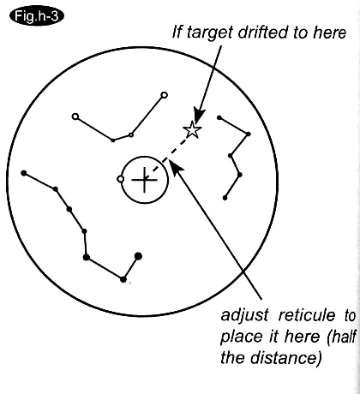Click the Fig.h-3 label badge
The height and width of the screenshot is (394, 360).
coord(37,16)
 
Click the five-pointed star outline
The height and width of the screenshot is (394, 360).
coord(192,129)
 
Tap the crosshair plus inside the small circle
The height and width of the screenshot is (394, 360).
coord(144,180)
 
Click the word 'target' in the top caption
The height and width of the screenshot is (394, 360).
coord(210,33)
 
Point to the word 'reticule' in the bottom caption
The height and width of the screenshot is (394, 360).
coord(307,315)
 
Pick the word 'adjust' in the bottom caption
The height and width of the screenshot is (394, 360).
coord(244,316)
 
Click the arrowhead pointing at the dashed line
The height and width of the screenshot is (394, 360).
coord(176,166)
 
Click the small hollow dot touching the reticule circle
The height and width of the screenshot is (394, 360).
coord(121,179)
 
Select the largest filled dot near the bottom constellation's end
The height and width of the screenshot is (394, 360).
coord(138,256)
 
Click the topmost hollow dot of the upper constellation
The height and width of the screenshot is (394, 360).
coord(164,95)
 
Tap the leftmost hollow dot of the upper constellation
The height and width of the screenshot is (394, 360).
coord(75,116)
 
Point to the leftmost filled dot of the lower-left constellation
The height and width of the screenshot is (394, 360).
coord(24,173)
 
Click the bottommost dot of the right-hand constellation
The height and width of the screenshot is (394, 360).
coord(225,198)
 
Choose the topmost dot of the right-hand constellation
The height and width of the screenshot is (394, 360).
coord(219,117)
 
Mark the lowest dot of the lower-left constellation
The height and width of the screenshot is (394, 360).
coord(123,279)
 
